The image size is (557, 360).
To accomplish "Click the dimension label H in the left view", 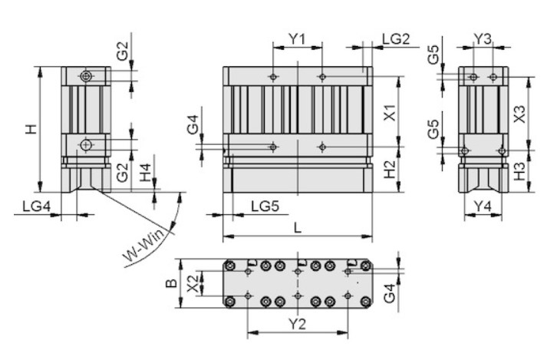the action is tap(31, 129).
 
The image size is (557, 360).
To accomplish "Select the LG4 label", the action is tap(37, 206).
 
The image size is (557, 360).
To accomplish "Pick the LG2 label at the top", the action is tap(396, 38).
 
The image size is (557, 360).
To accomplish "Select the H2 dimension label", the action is tap(391, 169).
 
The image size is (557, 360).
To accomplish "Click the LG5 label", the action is tap(265, 206).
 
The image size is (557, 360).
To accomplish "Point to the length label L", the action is tap(298, 228).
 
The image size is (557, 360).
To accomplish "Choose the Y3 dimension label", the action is tap(483, 38).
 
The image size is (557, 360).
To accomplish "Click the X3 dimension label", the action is tap(519, 114).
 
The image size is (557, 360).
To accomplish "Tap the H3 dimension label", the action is tap(519, 171).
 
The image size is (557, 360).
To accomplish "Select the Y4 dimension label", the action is tap(483, 206).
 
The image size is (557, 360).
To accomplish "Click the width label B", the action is tap(172, 283).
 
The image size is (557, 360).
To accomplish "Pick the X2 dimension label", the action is tap(193, 283).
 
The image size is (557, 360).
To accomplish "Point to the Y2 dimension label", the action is tap(297, 324).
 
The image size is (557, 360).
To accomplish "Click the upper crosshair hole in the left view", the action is tap(86, 76).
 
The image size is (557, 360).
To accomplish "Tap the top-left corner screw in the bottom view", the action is tap(231, 266).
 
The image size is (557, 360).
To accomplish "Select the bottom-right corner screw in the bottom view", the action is tap(365, 302).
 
